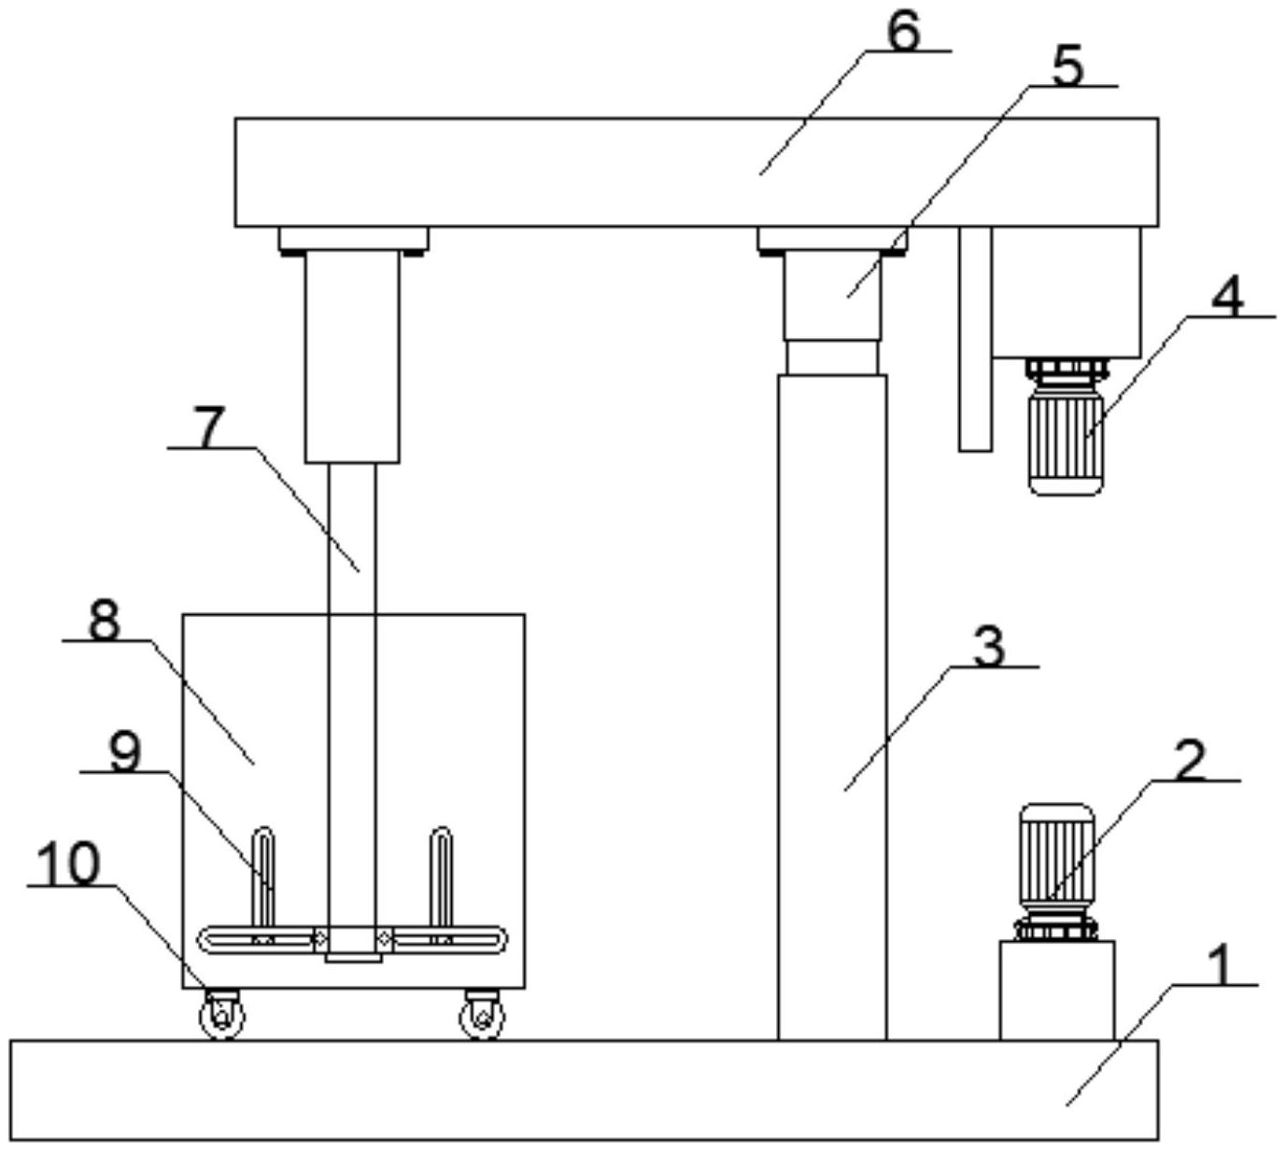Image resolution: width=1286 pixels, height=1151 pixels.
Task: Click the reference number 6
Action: [902, 32]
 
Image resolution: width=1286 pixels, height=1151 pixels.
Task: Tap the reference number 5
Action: [1067, 67]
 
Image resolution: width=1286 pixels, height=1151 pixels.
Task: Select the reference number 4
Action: [1227, 298]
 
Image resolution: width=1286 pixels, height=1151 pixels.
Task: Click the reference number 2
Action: [1189, 761]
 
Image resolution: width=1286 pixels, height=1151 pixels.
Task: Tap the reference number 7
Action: [209, 428]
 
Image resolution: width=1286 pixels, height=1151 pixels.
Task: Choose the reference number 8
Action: [104, 621]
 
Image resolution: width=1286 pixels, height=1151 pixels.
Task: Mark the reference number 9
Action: [125, 752]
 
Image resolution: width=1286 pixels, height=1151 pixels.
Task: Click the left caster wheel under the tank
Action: [221, 1014]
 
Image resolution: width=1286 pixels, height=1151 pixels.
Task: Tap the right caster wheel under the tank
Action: [482, 1014]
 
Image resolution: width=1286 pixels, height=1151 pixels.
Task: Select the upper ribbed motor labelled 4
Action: [1066, 426]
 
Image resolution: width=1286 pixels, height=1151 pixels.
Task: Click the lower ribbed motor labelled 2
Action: [1057, 872]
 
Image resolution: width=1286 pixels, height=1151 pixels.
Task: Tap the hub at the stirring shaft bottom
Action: [353, 945]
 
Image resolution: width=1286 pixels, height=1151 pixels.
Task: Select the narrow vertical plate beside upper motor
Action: [976, 340]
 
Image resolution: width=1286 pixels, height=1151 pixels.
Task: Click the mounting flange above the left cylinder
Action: [354, 241]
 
